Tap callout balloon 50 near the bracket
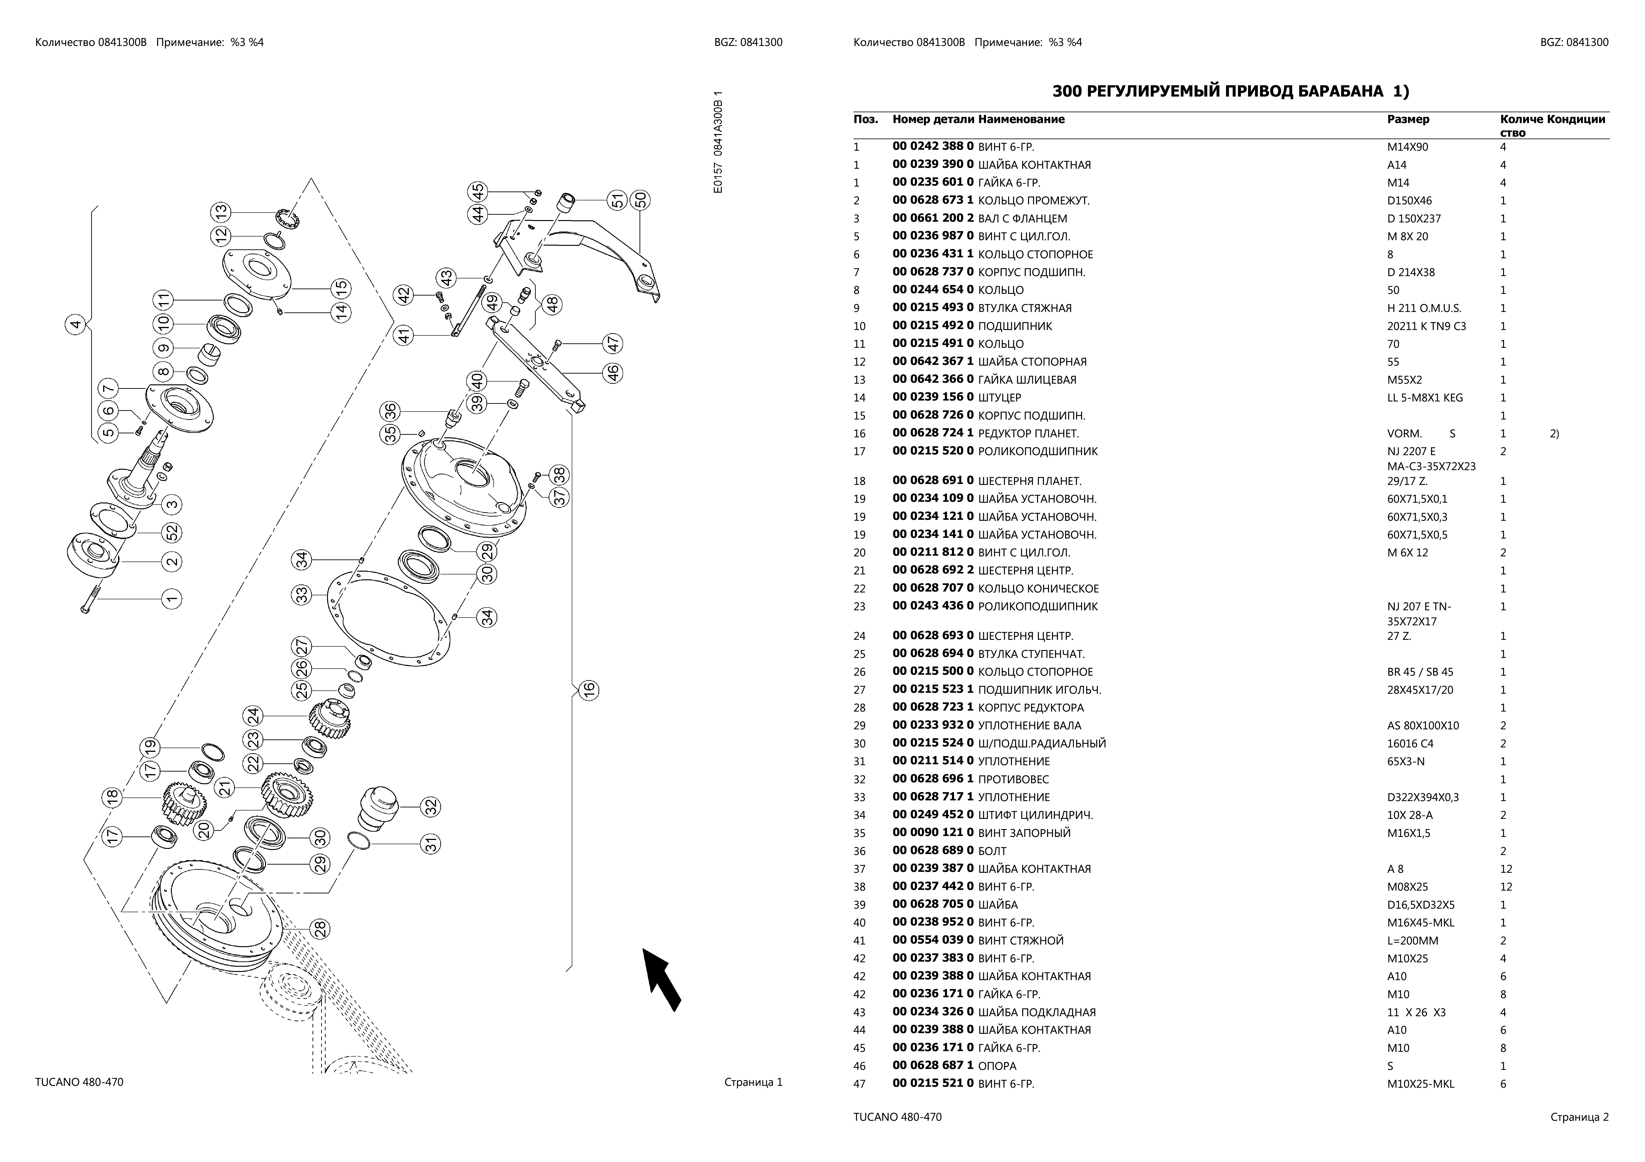[640, 200]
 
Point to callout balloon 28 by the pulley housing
[320, 929]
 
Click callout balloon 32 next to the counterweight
[431, 807]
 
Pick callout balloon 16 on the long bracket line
[588, 690]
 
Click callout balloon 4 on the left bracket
[75, 325]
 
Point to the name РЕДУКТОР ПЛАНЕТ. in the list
[1028, 433]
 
